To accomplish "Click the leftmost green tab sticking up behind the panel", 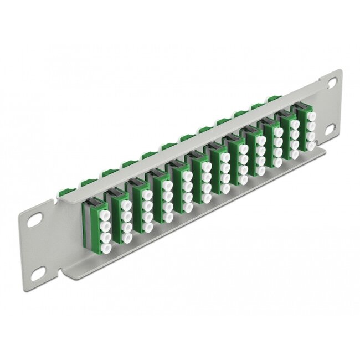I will click(x=85, y=182).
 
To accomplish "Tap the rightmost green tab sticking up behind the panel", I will click(x=271, y=100).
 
